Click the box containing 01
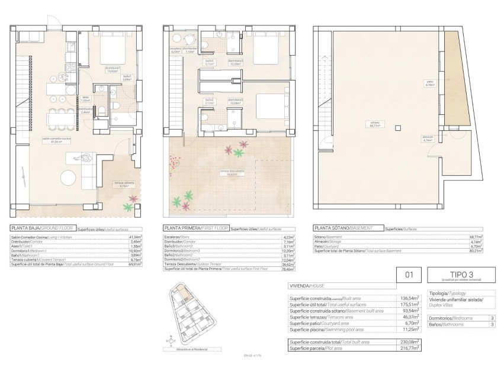coord(409,275)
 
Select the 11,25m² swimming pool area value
coord(411,330)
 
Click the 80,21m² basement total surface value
coord(474,250)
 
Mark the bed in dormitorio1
coord(108,46)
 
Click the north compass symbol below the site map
coord(171,342)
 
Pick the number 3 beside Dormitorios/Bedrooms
coord(492,318)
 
